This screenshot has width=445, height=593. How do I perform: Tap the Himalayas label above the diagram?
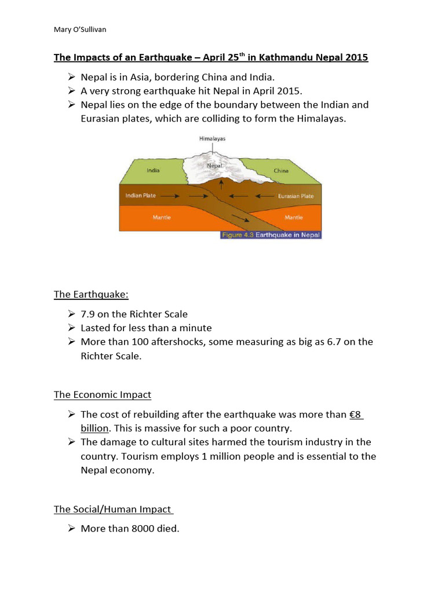tap(212, 139)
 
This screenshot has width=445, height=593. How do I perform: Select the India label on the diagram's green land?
tap(153, 170)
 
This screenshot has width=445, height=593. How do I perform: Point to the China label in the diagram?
tap(281, 171)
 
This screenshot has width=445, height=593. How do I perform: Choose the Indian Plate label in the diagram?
tap(141, 196)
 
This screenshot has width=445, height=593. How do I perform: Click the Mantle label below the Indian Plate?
tap(161, 217)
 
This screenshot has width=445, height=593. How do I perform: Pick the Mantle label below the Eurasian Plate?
tap(294, 217)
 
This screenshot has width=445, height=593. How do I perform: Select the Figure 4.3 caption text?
tap(270, 235)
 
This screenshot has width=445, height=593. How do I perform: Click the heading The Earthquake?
tap(91, 294)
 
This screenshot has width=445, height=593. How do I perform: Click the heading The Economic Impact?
tap(103, 395)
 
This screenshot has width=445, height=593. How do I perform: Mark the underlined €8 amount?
tap(356, 415)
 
